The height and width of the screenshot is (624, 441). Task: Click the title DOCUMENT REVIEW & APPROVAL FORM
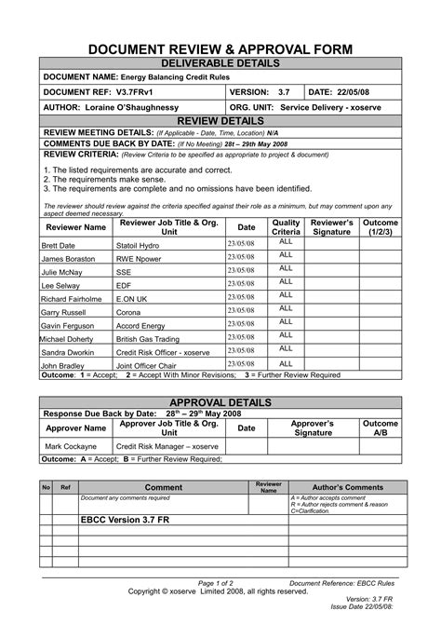(220, 48)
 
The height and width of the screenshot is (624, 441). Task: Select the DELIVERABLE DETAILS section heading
(220, 63)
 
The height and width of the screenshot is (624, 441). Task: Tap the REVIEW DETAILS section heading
(220, 122)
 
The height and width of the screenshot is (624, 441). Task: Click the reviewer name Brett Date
(58, 245)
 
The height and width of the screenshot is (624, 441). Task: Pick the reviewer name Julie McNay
(61, 272)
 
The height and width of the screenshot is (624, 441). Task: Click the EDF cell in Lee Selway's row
(123, 286)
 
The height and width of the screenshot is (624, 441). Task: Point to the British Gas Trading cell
(148, 340)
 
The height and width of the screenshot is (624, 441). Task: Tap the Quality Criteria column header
(286, 226)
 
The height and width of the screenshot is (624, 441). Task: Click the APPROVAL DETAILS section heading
(220, 401)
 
